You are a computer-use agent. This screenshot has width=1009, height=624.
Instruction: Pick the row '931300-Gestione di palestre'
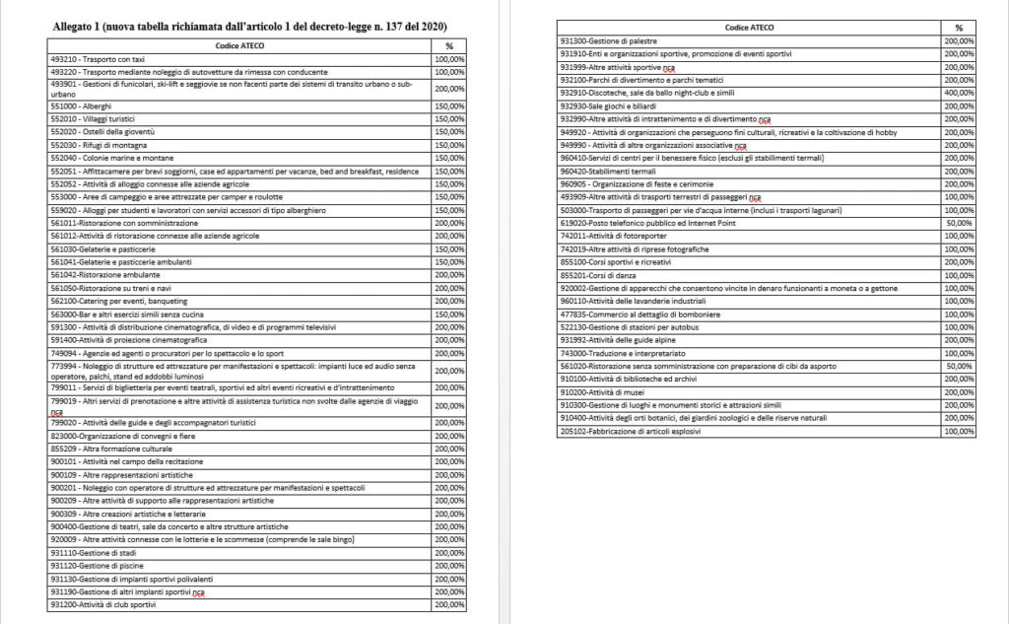pyautogui.click(x=608, y=41)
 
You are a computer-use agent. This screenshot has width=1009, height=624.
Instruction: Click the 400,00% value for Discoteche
pyautogui.click(x=959, y=92)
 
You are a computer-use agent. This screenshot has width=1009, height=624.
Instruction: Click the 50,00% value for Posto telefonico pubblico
pyautogui.click(x=959, y=224)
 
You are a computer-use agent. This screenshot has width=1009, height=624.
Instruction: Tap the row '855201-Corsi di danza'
pyautogui.click(x=596, y=276)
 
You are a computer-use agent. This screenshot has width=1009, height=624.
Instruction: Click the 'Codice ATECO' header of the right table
pyautogui.click(x=749, y=28)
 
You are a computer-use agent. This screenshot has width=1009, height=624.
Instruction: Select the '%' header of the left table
pyautogui.click(x=449, y=46)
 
